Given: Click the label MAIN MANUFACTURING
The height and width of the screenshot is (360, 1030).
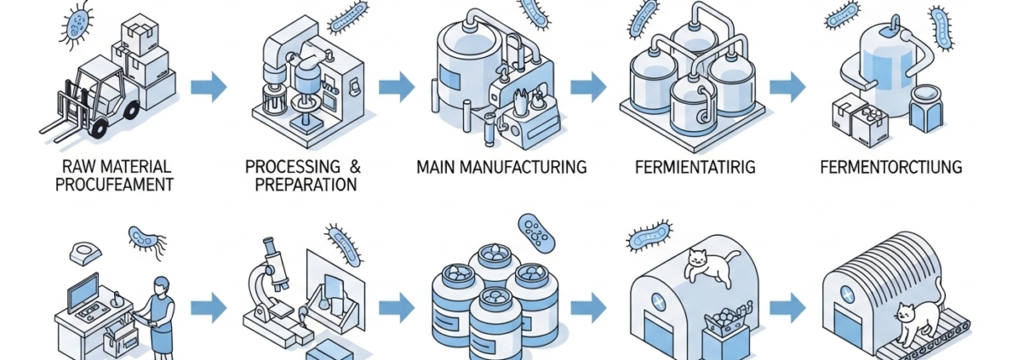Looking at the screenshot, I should click(x=501, y=167).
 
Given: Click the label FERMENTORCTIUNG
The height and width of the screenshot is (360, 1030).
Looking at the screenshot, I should click(x=891, y=167).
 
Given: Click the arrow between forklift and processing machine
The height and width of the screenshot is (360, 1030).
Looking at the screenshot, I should click(x=209, y=86).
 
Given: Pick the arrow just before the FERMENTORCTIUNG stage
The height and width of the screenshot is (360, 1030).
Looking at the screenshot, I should click(x=787, y=85).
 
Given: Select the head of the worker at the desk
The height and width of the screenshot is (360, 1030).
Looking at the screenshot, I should click(x=161, y=284).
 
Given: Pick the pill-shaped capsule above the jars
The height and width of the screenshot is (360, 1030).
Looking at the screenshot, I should click(x=535, y=231).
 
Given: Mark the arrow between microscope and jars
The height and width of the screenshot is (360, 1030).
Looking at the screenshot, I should click(x=397, y=304).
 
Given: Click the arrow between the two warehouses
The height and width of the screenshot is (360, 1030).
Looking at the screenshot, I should click(x=788, y=304).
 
